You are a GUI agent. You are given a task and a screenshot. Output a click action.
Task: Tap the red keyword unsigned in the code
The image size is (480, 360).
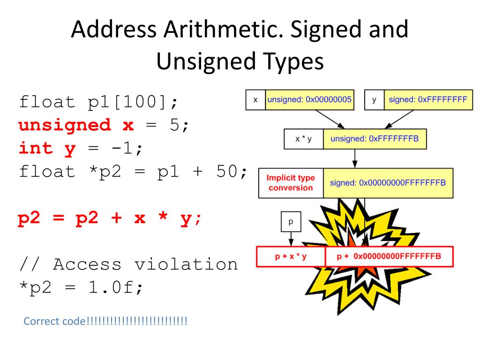point(65,125)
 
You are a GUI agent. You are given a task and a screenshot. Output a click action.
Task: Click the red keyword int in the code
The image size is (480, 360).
point(36,149)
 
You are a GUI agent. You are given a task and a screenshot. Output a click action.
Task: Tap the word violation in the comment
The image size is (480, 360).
point(187,264)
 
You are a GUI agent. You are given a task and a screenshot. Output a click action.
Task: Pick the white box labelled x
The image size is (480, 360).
point(255,100)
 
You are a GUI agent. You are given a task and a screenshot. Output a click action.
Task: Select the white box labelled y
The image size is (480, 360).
point(374,100)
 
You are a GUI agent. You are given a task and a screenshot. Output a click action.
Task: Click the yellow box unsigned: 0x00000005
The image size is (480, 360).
point(309,100)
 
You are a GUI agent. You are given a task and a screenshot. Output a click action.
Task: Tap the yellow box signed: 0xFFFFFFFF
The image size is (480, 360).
point(428,100)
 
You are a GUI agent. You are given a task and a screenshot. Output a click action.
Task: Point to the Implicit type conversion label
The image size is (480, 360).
point(291,183)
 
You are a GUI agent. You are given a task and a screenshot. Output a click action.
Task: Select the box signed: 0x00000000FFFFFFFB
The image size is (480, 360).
point(388,183)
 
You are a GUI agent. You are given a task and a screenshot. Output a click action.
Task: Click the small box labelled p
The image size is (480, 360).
point(290,221)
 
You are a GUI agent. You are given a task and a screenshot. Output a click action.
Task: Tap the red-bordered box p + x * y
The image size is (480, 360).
point(291,256)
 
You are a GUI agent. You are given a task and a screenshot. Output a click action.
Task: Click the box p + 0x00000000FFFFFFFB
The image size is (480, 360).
point(389,256)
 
